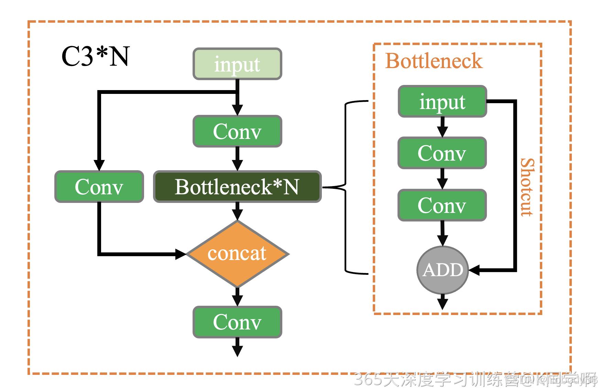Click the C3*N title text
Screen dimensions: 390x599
(95, 56)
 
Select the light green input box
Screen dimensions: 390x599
(237, 64)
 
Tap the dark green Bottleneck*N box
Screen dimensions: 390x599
(237, 187)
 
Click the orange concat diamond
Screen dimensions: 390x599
(237, 254)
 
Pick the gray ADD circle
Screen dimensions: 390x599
(443, 270)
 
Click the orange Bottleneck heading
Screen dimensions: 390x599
(434, 61)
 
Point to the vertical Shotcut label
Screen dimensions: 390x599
(527, 187)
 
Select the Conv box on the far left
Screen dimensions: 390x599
(99, 187)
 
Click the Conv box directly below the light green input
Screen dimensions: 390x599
(237, 131)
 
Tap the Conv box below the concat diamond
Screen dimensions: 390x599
(237, 322)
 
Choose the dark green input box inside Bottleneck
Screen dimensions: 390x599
(442, 101)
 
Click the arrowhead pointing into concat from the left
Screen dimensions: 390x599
(180, 254)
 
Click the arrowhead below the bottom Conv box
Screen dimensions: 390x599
(237, 351)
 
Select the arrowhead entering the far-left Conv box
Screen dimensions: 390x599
(99, 165)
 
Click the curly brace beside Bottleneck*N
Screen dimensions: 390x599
(346, 187)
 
